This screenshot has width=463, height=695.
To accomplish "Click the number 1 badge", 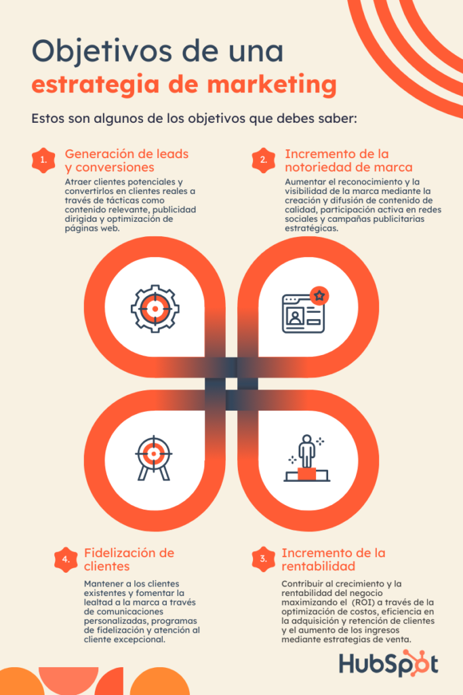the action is (x=43, y=160).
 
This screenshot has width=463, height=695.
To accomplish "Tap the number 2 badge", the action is (x=264, y=160).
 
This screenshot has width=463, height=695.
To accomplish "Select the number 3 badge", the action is (x=264, y=559).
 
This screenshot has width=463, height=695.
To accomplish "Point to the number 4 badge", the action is (x=66, y=559).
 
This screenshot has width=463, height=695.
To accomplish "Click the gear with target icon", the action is (x=155, y=309).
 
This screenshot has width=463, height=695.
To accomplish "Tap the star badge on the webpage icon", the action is (x=319, y=296).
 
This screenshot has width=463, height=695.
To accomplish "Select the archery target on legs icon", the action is (x=154, y=458).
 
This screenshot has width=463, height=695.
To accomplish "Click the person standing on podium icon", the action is (x=307, y=458).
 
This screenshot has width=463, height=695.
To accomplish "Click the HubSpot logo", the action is (x=388, y=663).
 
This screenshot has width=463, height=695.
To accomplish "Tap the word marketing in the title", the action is (x=272, y=85).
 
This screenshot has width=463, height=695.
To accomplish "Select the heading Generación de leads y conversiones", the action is (x=127, y=160).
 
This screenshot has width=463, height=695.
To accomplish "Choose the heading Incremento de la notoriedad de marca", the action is (x=349, y=160).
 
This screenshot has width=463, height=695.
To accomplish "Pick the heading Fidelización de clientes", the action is (x=129, y=559).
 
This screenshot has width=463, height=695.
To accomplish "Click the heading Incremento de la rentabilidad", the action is (x=334, y=559).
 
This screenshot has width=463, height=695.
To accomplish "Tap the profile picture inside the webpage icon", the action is (x=294, y=316).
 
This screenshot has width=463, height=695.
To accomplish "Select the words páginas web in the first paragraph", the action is (x=92, y=229).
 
